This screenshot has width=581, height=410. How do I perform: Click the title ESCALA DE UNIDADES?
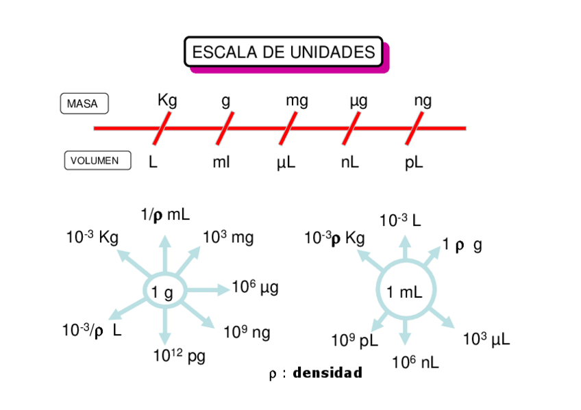click(x=284, y=52)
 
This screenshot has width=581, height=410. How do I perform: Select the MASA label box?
click(x=84, y=104)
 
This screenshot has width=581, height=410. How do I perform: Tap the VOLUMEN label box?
click(x=97, y=161)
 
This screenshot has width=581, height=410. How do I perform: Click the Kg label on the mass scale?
click(x=167, y=101)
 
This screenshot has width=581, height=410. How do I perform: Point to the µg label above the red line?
click(x=358, y=102)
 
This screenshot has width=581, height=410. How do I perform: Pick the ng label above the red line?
click(x=423, y=101)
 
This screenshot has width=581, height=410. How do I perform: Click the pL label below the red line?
click(x=414, y=163)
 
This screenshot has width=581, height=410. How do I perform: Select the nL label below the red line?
click(x=349, y=163)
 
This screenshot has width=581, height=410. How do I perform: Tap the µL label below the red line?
click(x=286, y=164)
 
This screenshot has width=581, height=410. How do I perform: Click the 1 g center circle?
click(x=163, y=292)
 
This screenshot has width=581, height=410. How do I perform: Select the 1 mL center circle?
click(x=405, y=292)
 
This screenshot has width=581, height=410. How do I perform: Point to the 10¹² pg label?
click(x=179, y=355)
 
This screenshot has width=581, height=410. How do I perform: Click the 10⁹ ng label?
click(x=247, y=333)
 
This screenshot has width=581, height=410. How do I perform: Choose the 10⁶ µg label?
click(x=255, y=287)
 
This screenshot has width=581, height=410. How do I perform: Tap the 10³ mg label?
click(x=228, y=238)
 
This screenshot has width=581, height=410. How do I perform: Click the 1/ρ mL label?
click(x=165, y=216)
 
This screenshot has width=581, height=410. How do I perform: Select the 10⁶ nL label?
click(x=415, y=363)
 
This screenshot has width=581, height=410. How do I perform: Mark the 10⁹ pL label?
click(x=354, y=340)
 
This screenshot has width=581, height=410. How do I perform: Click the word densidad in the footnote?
click(x=327, y=374)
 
